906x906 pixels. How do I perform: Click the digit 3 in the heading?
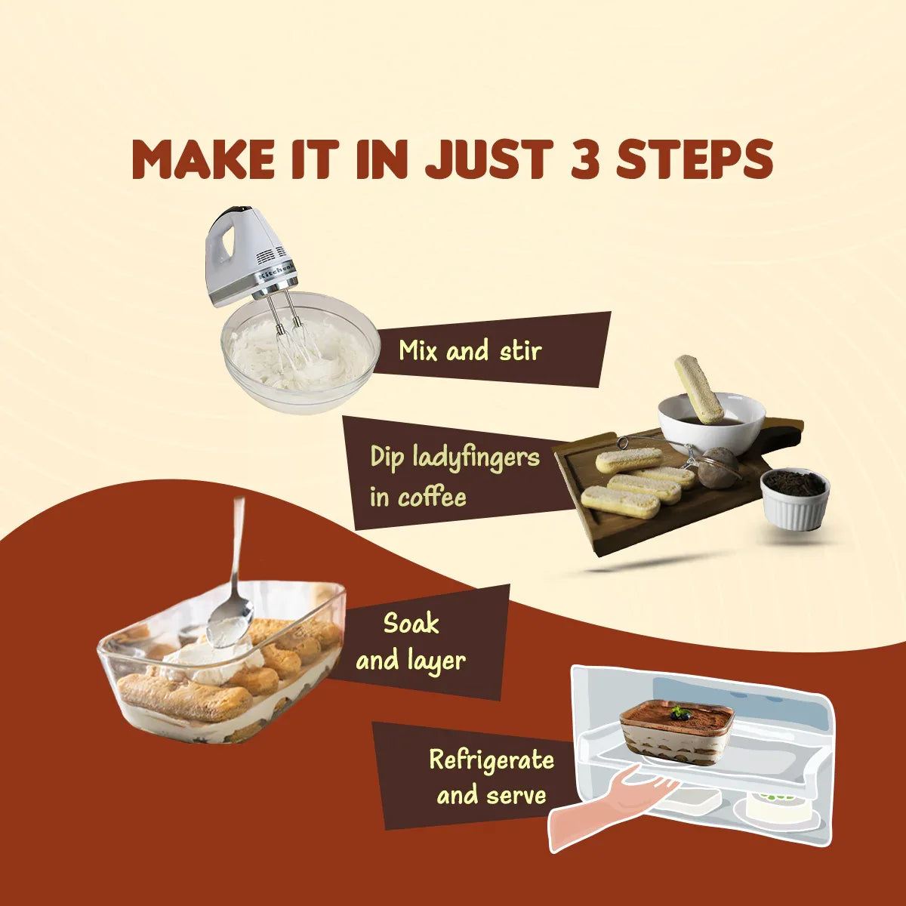585,159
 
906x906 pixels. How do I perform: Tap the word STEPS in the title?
695,159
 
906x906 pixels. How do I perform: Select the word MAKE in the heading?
202,159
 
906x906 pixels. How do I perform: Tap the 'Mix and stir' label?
470,351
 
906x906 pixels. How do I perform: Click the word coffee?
432,498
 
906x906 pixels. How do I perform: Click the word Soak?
411,624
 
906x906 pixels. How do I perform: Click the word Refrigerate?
492,761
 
